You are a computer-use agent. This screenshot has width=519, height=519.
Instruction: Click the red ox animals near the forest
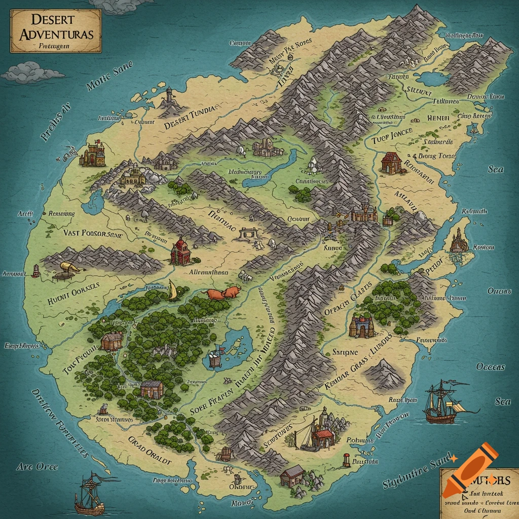223,292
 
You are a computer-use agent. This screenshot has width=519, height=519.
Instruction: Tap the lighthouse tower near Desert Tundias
169,96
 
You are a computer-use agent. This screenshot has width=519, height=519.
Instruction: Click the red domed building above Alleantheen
181,251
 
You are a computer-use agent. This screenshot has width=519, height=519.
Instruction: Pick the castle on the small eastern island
459,240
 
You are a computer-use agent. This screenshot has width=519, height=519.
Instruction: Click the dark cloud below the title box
31,72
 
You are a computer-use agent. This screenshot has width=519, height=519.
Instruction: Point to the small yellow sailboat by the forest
173,290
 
